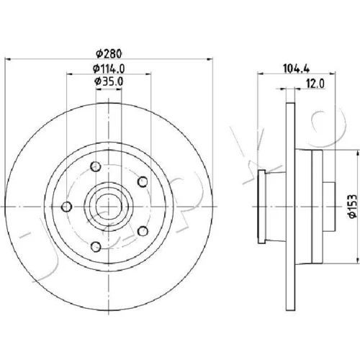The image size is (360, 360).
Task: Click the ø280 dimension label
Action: click(109, 53)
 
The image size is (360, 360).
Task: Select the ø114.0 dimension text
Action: click(109, 69)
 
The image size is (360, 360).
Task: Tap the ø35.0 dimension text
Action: click(109, 81)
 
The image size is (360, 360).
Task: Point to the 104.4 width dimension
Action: click(296, 69)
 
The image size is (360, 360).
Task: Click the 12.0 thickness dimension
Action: click(315, 84)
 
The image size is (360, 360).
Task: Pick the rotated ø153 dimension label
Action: click(353, 206)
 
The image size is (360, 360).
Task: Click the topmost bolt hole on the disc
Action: click(96, 166)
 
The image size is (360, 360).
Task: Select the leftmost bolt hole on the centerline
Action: click(66, 207)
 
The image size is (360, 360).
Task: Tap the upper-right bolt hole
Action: click(143, 181)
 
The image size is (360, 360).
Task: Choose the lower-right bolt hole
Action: click(143, 231)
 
